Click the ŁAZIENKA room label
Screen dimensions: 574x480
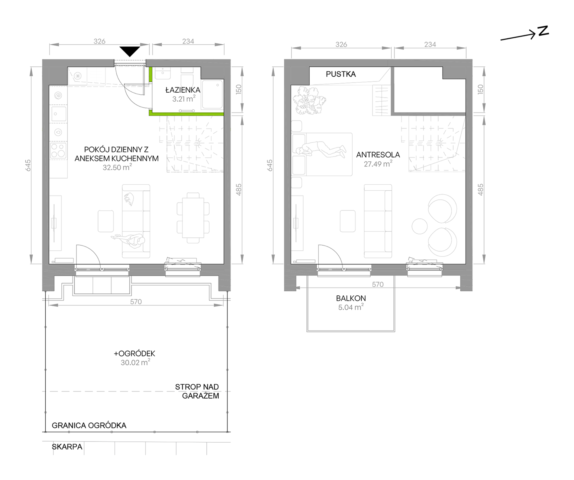point(183,90)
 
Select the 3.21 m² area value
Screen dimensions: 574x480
point(184,99)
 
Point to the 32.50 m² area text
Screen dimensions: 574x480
point(117,167)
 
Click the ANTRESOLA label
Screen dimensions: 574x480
point(378,155)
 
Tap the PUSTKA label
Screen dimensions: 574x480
point(341,74)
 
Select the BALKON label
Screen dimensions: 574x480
point(351,298)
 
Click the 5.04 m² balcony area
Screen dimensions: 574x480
point(351,307)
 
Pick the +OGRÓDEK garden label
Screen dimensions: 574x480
point(134,353)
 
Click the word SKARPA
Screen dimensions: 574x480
point(67,447)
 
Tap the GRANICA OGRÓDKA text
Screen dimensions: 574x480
point(89,425)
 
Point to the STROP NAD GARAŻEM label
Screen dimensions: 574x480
point(197,391)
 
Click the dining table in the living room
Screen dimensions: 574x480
point(193,218)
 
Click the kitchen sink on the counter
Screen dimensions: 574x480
point(59,114)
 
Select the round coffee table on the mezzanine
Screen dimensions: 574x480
point(420,226)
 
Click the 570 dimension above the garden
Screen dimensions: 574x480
point(136,302)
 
